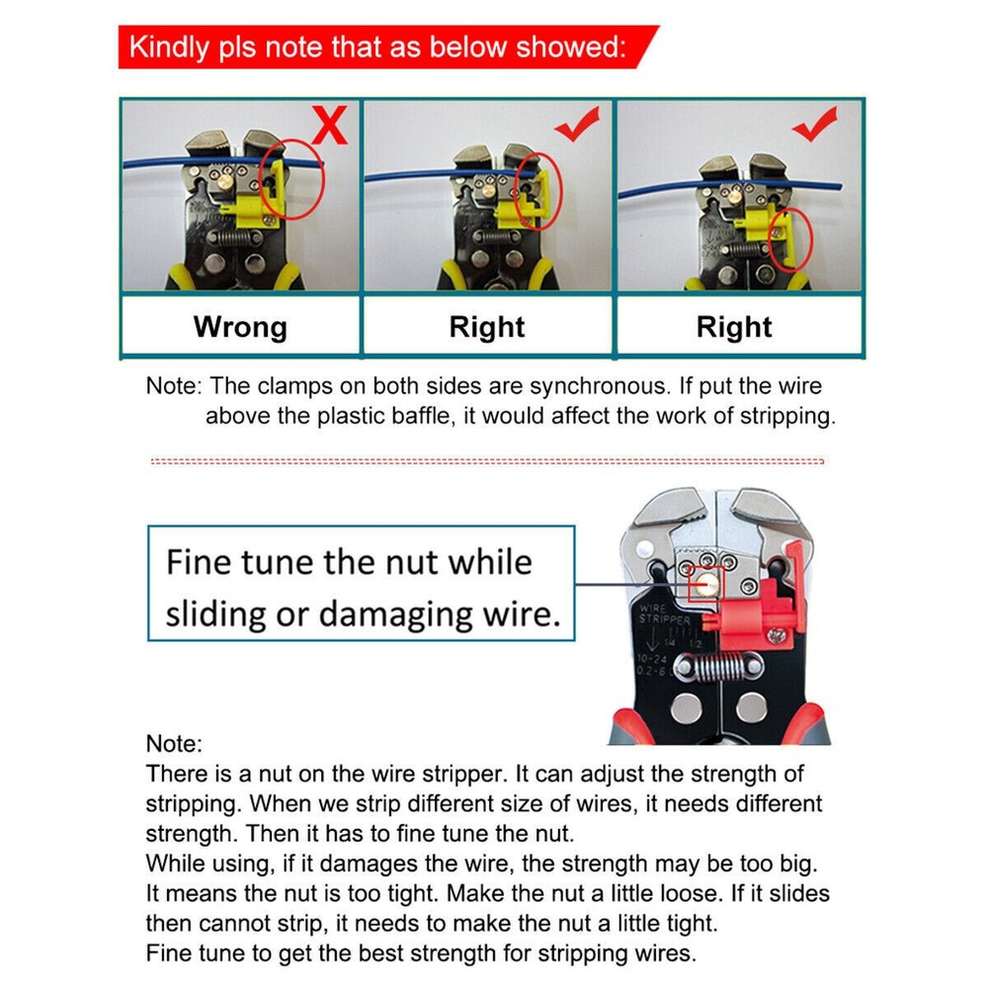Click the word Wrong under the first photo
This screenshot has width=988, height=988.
point(240,327)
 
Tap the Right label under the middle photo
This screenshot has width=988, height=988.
point(487,327)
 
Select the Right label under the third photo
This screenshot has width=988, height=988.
point(734,327)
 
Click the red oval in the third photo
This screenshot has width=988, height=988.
point(791,238)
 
